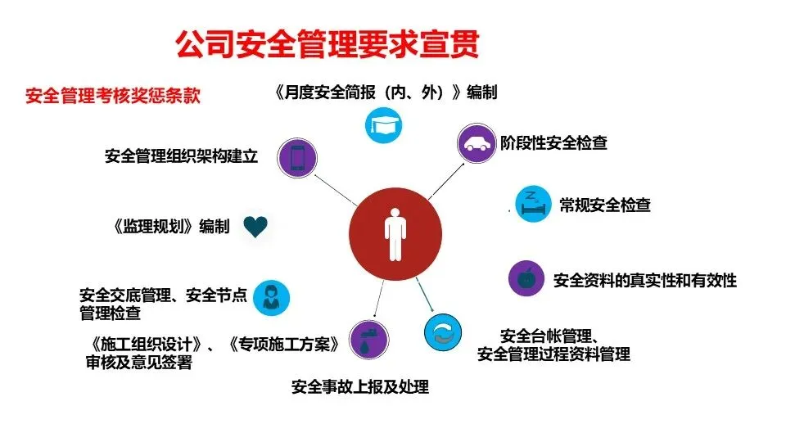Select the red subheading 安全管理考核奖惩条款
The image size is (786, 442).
coord(113,96)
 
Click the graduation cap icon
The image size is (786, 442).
coord(383,124)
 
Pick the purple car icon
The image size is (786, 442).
coord(475,143)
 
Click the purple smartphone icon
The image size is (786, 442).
coord(296,157)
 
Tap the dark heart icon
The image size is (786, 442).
coord(256,227)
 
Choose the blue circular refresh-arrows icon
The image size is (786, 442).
coord(443,331)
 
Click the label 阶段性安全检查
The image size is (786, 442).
coord(554,143)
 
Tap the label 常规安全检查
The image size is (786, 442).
coord(605,205)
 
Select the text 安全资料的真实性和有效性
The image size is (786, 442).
coord(644,280)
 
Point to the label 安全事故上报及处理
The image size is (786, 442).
coord(360,386)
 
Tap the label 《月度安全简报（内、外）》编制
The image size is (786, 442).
coord(385,92)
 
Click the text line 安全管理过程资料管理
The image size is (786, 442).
coord(553,354)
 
